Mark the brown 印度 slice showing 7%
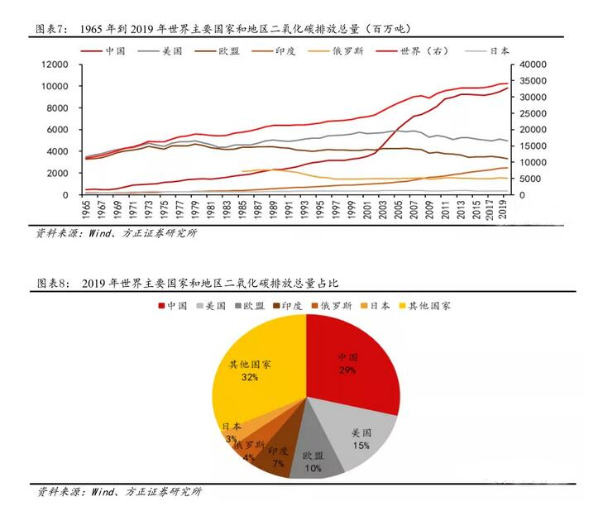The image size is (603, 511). (x=276, y=456)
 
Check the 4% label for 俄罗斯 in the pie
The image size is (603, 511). (x=248, y=457)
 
